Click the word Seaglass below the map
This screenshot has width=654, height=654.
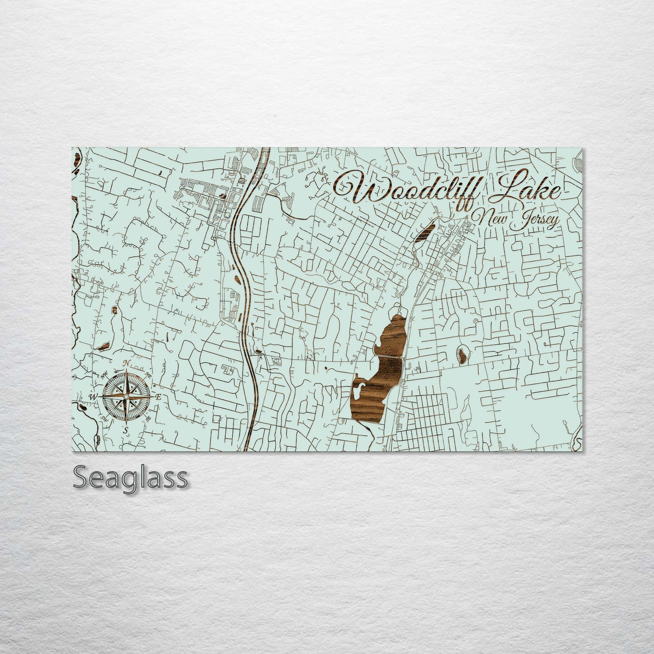tap(130, 477)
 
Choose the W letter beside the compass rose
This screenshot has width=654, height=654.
tap(94, 397)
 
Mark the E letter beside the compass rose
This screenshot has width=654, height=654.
tap(158, 397)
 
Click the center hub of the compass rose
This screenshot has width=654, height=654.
tap(127, 397)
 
